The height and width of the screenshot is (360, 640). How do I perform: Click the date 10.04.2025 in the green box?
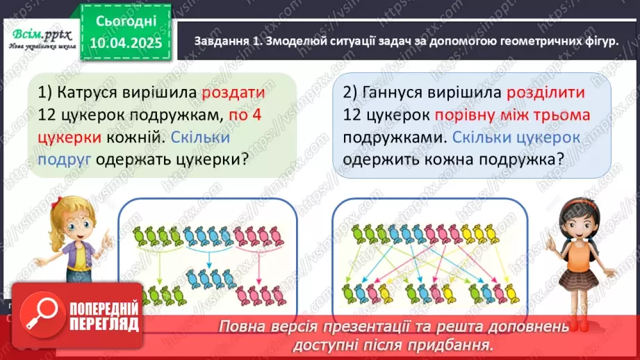125,42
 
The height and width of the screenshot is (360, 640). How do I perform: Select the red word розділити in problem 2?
545,92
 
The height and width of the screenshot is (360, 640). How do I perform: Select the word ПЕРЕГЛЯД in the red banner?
104,324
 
